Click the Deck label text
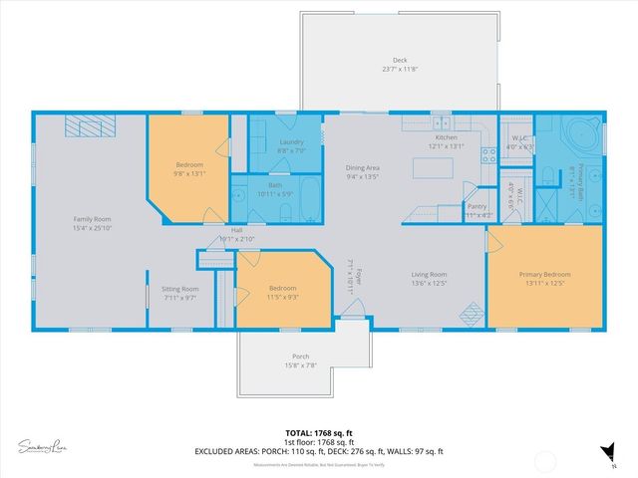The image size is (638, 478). point(400,60)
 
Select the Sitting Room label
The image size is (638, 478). point(180,289)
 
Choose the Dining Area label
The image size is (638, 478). point(362,168)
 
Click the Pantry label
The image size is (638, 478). point(477,206)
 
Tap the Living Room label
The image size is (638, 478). point(430,275)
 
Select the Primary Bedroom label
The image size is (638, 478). point(544,275)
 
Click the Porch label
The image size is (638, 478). point(300,357)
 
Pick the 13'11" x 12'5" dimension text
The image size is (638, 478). point(544,284)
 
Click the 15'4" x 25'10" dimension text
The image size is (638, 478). point(91,228)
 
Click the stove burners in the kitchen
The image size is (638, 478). point(489,154)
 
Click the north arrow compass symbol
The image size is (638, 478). point(604,452)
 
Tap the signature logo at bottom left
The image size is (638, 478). point(45,443)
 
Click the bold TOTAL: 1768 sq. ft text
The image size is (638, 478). point(319,432)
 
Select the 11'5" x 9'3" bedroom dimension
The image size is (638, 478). point(283,297)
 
